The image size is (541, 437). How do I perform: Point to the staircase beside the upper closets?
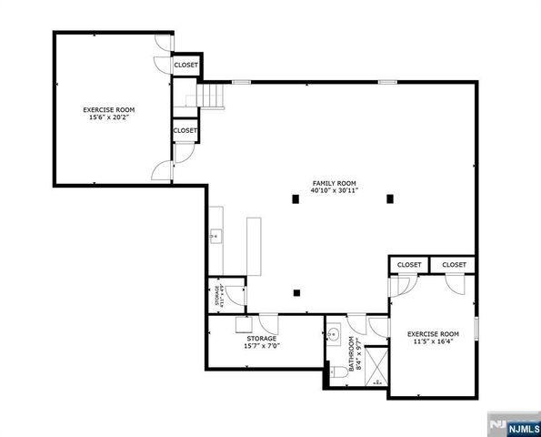tap(211, 94)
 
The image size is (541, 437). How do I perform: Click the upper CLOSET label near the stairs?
tap(185, 66)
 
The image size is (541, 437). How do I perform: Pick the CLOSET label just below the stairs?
tap(185, 130)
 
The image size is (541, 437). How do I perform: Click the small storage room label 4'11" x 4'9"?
tap(217, 296)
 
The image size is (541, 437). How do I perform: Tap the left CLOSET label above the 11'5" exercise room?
tap(409, 265)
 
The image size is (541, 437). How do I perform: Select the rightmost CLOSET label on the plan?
tap(454, 265)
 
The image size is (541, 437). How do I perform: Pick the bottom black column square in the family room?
tap(296, 293)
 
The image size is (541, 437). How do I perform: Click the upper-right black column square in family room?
tap(390, 198)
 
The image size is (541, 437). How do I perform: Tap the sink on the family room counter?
tap(215, 238)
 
